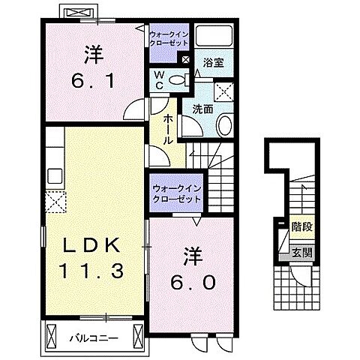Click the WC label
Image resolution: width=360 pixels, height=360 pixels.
160,79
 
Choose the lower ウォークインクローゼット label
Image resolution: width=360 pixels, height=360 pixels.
175,194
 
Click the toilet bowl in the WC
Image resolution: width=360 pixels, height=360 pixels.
177,80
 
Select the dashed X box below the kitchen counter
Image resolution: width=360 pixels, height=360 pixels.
55,201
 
